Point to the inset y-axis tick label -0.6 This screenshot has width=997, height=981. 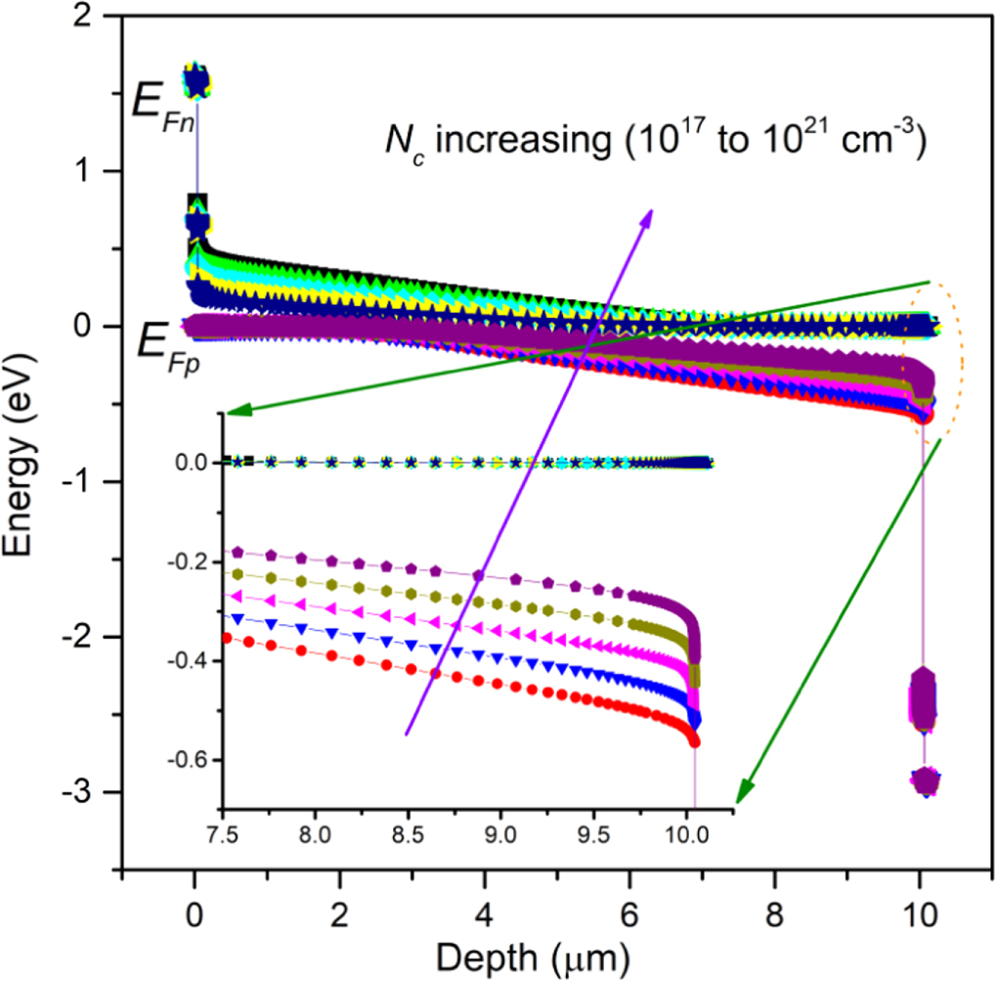(x=190, y=760)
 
